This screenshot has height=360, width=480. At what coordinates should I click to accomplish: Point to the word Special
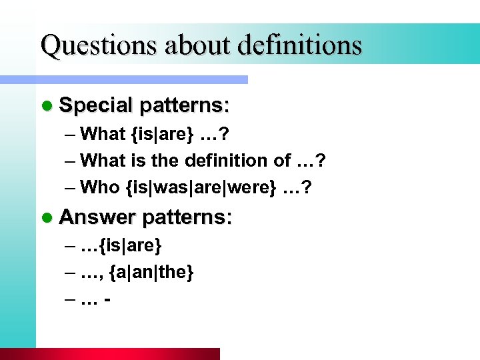(x=96, y=105)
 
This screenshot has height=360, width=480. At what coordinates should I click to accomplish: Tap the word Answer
(x=97, y=217)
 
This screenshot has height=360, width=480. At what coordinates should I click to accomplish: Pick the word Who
(x=99, y=187)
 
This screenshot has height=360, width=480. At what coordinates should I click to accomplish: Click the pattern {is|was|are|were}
(x=199, y=187)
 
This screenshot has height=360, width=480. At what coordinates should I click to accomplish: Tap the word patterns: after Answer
(x=187, y=217)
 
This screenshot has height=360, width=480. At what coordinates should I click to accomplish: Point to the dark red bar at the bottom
(x=127, y=354)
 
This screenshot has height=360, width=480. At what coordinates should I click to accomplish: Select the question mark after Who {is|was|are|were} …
(x=306, y=187)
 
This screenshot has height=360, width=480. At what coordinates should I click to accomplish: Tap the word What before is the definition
(x=102, y=161)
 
